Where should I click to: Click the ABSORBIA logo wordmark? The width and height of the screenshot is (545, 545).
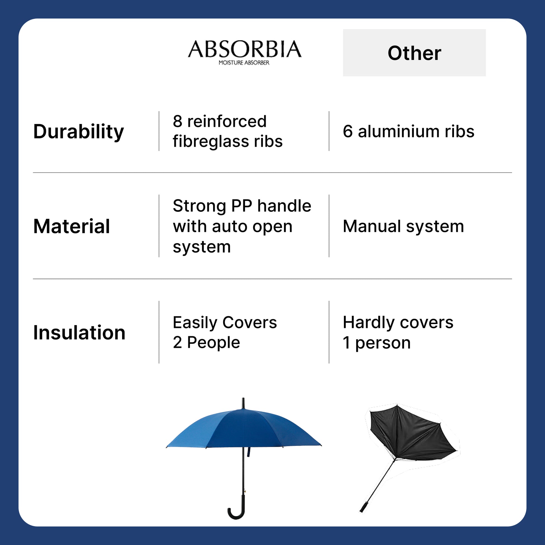coord(244,49)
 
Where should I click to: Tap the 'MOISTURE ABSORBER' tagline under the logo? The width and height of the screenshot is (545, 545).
coord(244,63)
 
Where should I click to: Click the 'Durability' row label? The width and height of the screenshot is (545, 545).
coord(78,131)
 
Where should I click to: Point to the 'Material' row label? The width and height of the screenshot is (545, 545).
coord(71,226)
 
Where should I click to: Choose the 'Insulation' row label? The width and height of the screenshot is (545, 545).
coord(79,333)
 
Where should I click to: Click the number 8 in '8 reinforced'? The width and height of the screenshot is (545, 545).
coord(178,121)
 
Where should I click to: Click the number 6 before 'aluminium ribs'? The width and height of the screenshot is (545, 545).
coord(348,131)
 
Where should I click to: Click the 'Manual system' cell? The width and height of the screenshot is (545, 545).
coord(403,226)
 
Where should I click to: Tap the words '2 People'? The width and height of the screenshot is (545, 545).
coord(206,343)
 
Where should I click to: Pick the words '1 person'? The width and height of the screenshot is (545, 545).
coord(377,343)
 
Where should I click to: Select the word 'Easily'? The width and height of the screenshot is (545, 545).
coord(195,323)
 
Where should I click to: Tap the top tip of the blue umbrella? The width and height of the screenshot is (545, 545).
coord(243,399)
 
